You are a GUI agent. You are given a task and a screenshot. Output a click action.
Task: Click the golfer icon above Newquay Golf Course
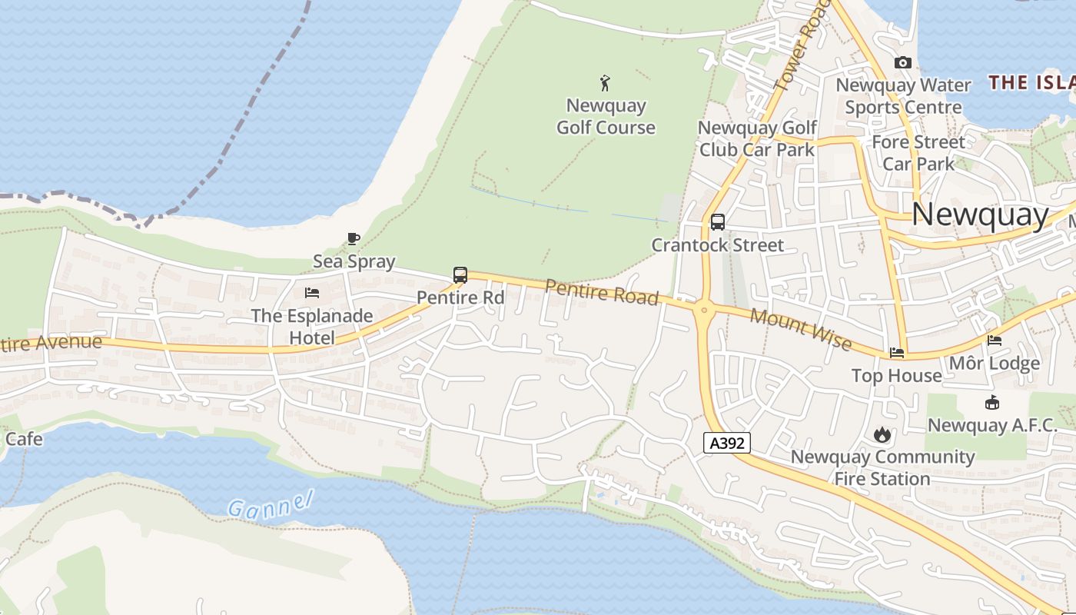tap(606, 83)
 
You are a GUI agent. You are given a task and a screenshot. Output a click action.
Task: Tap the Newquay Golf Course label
tap(606, 116)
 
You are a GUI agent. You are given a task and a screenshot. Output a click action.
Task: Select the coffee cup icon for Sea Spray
tap(354, 238)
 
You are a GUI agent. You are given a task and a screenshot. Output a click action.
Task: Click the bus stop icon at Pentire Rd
tap(460, 274)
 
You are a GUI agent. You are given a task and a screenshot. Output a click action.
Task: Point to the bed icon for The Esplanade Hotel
tap(312, 293)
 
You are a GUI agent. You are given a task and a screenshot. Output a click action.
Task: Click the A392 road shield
tap(726, 443)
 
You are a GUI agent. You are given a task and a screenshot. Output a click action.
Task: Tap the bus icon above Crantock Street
tap(718, 222)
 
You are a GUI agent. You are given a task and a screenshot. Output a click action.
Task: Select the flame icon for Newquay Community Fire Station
tap(882, 434)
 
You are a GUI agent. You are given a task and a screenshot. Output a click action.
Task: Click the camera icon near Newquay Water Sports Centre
tap(903, 63)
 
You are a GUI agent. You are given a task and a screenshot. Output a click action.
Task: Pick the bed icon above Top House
tap(897, 353)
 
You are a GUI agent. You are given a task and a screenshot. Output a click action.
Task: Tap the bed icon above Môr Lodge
tap(995, 341)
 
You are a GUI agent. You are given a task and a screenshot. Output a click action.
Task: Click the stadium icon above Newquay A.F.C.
tap(992, 402)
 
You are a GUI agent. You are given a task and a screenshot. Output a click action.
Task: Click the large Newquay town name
tap(980, 214)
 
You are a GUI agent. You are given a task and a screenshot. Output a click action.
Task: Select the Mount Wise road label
tap(801, 328)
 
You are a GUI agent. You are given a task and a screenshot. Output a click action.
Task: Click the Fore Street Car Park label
tap(918, 152)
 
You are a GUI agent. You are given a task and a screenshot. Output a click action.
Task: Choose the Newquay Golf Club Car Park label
tap(757, 138)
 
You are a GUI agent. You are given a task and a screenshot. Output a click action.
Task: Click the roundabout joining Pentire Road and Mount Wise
tap(704, 311)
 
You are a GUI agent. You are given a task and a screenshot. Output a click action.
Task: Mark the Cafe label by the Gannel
tap(24, 439)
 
